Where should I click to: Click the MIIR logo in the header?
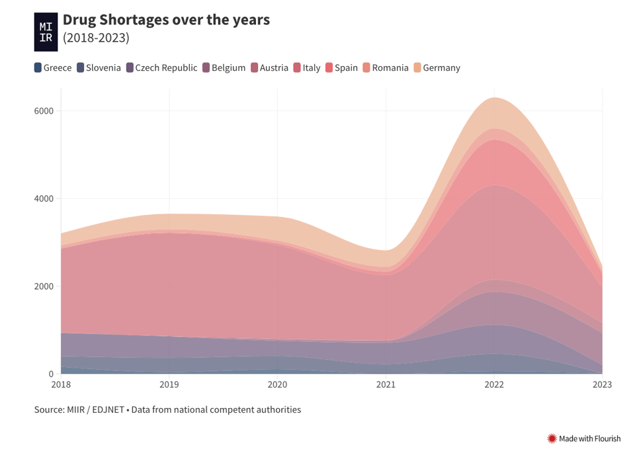[x=46, y=32]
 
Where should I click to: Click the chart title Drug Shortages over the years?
[x=166, y=20]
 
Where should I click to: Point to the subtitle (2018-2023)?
[x=96, y=38]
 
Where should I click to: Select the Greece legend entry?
[x=53, y=67]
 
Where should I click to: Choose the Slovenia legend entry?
[x=99, y=67]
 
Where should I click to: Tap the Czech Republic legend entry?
[x=161, y=67]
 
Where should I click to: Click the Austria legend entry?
[x=269, y=67]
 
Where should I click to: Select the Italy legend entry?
[x=307, y=67]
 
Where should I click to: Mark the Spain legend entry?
[x=341, y=67]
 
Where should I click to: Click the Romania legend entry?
[x=386, y=67]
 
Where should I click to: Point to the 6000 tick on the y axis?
[x=44, y=111]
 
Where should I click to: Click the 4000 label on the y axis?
[x=44, y=198]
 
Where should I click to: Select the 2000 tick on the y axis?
[x=44, y=286]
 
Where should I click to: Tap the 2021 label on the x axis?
[x=386, y=384]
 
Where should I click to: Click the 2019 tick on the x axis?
[x=169, y=384]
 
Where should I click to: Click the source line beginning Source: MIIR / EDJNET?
[x=167, y=410]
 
